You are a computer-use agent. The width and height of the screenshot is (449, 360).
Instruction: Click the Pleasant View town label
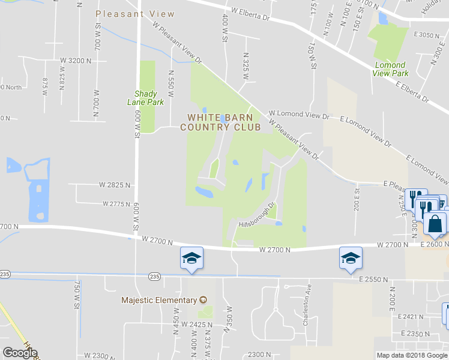point(136,14)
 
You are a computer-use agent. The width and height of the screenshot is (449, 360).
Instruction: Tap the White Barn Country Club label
point(224,122)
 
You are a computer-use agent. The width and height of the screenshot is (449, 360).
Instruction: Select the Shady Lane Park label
point(146,98)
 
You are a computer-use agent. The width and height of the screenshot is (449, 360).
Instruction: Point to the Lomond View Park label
point(390,69)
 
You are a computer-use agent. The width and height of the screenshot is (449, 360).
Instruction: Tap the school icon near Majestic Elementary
point(192,259)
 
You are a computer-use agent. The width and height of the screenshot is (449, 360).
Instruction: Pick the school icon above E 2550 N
point(351,258)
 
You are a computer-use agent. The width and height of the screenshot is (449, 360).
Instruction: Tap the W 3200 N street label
point(76,61)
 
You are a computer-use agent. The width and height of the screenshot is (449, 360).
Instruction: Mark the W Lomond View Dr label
point(300,114)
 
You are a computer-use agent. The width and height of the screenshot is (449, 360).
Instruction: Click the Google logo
point(20,353)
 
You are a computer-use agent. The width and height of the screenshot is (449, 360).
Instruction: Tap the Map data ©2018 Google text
point(411,355)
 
